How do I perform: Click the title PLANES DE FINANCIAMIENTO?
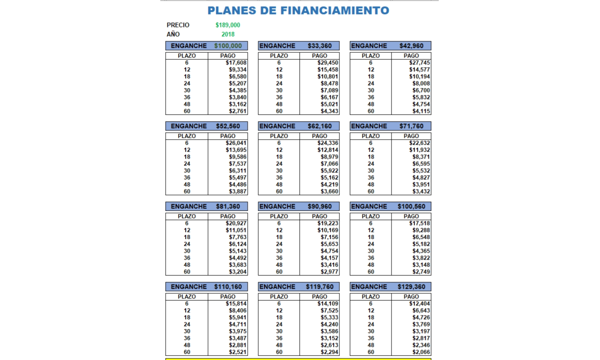298,10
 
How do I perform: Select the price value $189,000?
228,25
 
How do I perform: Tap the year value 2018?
228,34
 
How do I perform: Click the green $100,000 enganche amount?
228,46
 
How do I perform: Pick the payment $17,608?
236,63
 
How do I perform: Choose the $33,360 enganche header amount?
320,46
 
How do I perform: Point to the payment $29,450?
328,63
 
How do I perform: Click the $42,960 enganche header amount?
411,46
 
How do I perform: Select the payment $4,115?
421,112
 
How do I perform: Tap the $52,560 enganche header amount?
228,126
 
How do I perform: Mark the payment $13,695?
236,150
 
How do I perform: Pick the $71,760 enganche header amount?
411,126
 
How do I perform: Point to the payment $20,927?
236,224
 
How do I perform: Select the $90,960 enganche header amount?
320,206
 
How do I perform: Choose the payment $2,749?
421,272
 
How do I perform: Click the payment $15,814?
236,304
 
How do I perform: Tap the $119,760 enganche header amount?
320,287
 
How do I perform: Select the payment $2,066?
421,352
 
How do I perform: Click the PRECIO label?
178,25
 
